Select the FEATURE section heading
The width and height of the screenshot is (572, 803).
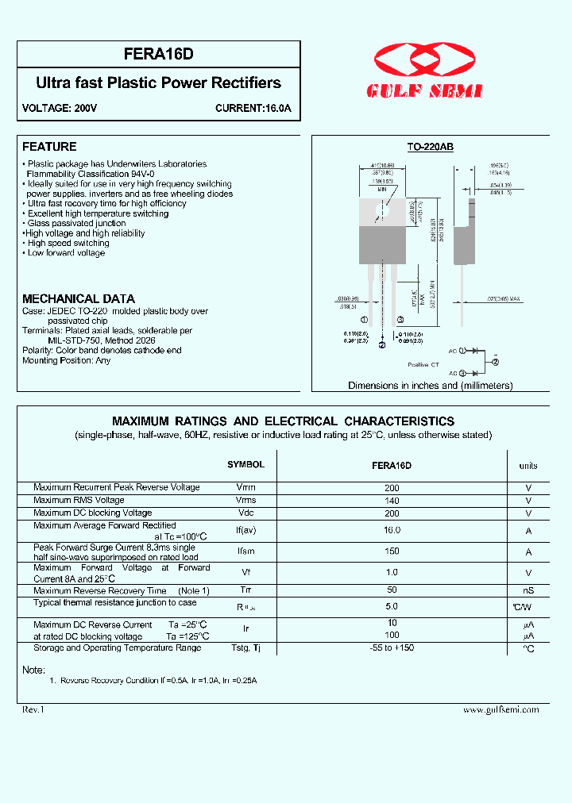(49, 147)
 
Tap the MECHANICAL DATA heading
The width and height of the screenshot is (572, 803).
(78, 299)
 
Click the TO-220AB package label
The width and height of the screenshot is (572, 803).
(430, 148)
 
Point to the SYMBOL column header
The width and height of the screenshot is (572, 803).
(245, 465)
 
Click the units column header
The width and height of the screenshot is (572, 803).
(528, 466)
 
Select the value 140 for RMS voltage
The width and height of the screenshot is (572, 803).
(392, 501)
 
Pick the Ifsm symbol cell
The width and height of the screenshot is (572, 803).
(245, 551)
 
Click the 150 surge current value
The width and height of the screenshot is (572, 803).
(392, 551)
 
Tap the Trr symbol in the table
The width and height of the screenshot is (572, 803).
(245, 591)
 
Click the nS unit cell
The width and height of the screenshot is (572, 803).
(528, 591)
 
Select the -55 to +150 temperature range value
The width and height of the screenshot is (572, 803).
(392, 648)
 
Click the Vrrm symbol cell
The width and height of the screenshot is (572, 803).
(245, 488)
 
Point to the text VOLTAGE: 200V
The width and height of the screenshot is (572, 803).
(60, 108)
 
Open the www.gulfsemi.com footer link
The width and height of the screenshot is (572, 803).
(500, 710)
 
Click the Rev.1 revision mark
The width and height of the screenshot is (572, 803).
(33, 709)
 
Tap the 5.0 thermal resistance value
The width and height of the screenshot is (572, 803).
(392, 606)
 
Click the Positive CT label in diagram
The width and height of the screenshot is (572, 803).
(423, 364)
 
